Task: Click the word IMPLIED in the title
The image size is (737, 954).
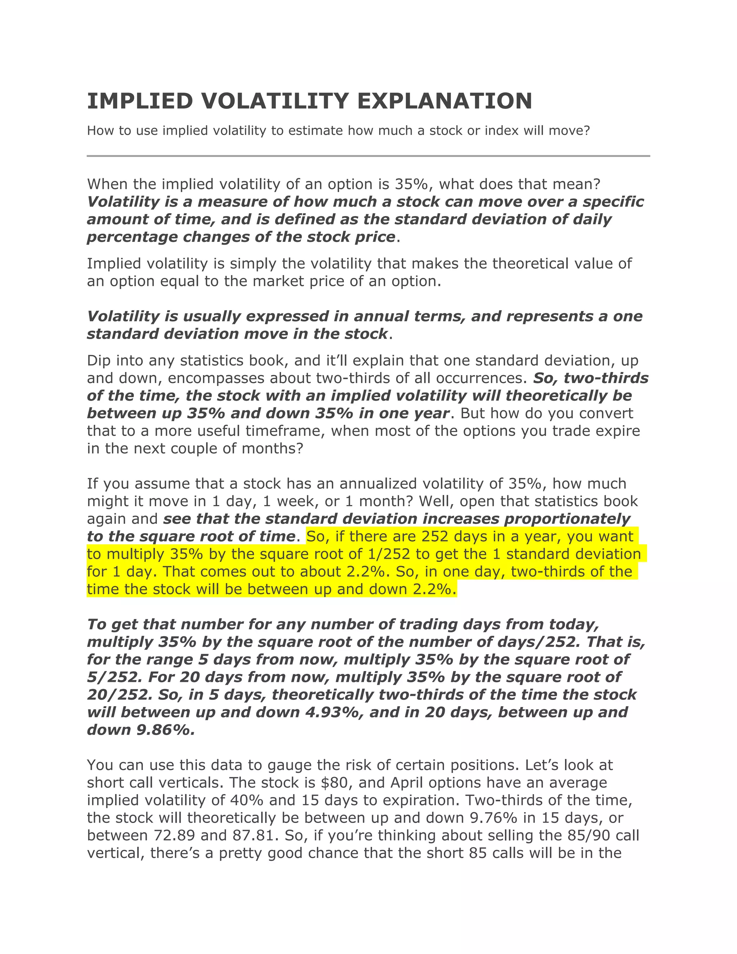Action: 140,102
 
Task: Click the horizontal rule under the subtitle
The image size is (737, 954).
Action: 368,156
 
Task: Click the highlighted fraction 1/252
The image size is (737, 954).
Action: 389,554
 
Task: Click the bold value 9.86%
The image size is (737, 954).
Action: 166,730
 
